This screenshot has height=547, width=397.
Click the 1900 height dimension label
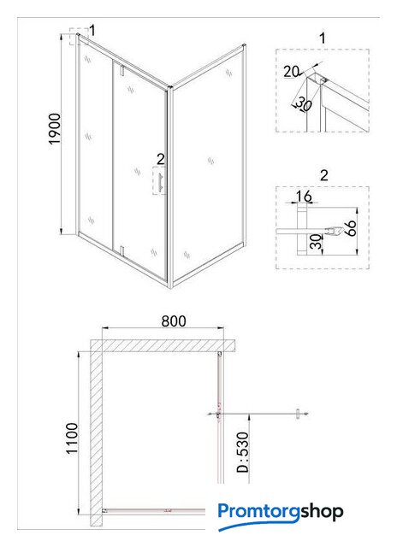[55, 128]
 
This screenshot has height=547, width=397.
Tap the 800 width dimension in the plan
[174, 321]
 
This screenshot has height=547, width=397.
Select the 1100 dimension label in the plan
[72, 438]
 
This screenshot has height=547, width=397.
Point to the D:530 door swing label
[243, 452]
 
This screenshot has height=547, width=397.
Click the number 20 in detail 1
[291, 72]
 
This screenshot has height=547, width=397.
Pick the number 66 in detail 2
[351, 228]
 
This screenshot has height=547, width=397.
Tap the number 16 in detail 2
[304, 197]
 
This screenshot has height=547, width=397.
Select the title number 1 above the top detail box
[323, 38]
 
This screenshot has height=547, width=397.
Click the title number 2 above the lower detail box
[324, 175]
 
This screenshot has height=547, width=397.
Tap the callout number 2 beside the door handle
[160, 159]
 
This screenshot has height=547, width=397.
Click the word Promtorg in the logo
[258, 512]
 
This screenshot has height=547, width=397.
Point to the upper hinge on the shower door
[121, 70]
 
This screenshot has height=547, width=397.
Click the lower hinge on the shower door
[121, 250]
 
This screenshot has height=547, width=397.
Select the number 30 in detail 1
[304, 104]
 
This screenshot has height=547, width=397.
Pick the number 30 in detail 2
[316, 241]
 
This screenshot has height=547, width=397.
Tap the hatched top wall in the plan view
[163, 345]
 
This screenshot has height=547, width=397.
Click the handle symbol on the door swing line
[298, 414]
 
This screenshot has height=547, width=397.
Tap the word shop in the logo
[322, 513]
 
